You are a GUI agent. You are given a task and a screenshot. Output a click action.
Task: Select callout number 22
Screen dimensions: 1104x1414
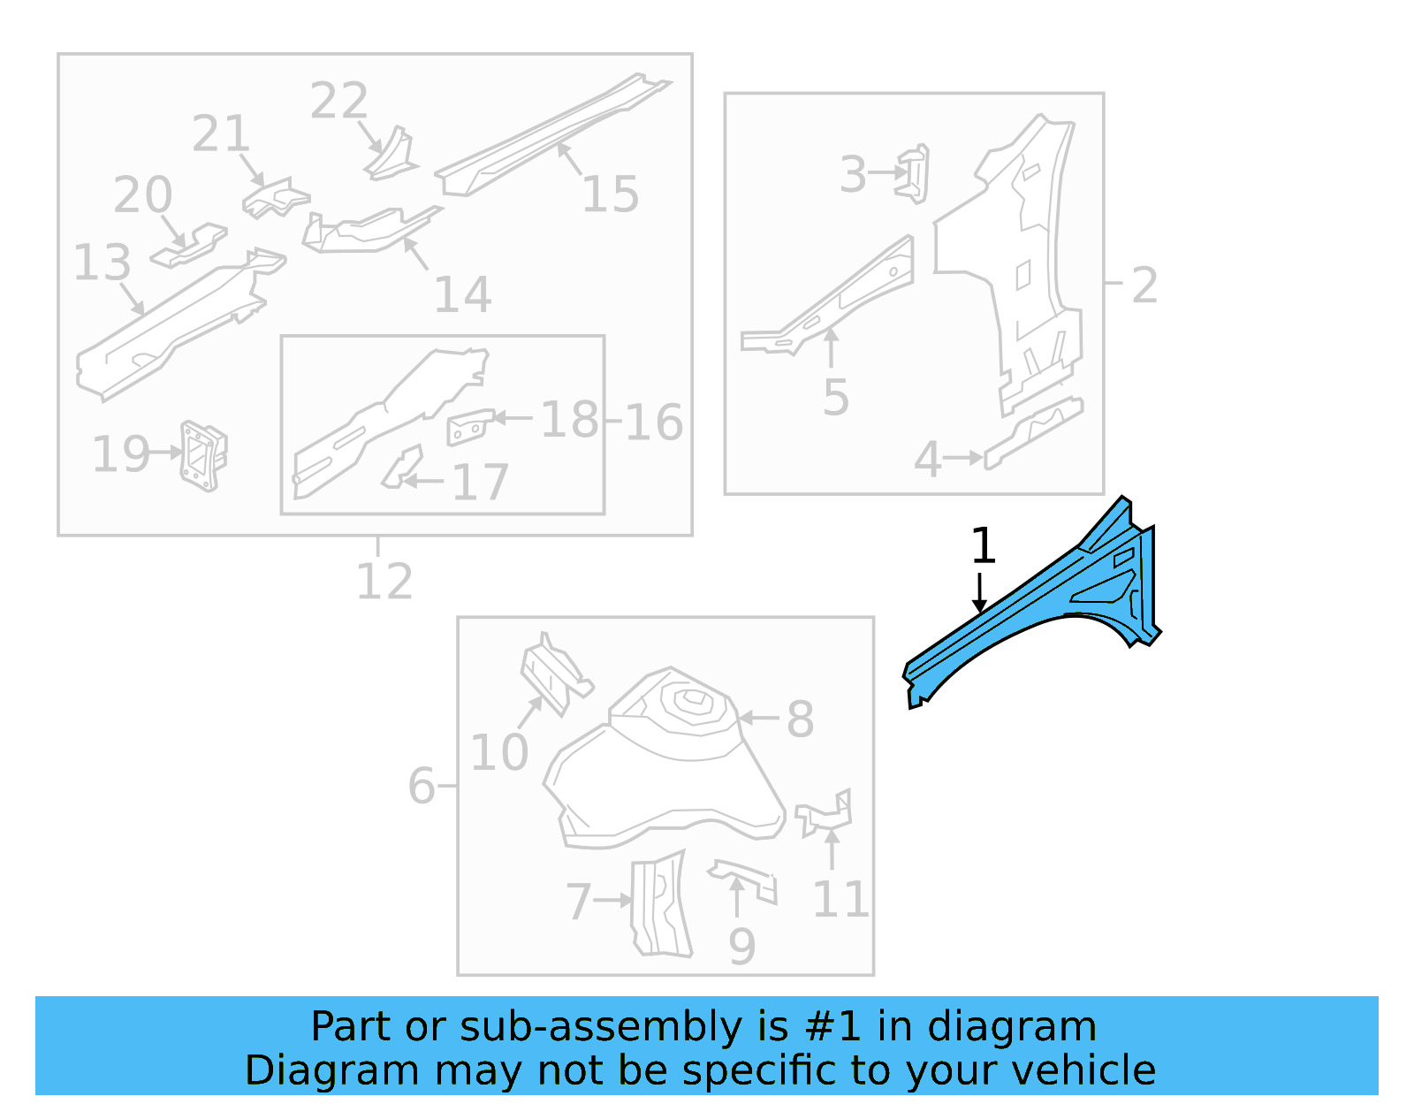coord(338,101)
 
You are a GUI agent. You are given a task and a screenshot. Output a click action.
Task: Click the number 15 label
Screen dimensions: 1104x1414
coord(610,194)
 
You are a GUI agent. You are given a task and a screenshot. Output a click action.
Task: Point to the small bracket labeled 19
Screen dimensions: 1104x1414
coord(204,455)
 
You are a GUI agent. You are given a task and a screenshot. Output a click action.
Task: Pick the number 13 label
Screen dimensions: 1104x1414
coord(102,263)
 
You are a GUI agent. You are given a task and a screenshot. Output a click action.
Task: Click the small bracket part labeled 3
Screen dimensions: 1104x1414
coord(916,172)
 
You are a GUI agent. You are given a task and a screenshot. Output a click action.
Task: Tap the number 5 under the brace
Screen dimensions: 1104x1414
coord(835,398)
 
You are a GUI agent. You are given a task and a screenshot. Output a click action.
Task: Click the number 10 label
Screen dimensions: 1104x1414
coord(498,752)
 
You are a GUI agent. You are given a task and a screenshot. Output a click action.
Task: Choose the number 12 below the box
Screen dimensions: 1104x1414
coord(384,582)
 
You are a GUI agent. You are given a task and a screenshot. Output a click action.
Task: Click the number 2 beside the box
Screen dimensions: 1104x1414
coord(1144,286)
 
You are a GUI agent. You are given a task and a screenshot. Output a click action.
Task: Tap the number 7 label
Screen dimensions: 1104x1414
coord(579,902)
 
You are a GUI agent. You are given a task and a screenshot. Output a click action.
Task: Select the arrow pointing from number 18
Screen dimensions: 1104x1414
coord(513,417)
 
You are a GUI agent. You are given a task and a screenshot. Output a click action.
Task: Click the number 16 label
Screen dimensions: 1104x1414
coord(653,423)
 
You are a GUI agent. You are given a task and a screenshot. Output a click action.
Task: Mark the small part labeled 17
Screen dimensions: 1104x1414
coord(403,468)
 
